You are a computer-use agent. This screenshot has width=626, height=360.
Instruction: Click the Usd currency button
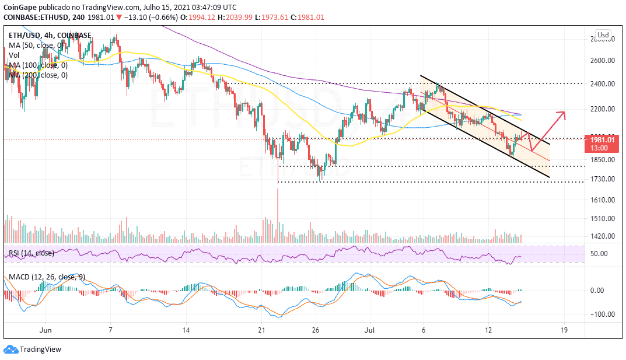click(603, 34)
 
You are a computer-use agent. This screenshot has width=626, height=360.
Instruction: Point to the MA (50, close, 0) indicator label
click(36, 45)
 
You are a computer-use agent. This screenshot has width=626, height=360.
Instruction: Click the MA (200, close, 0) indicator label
click(37, 75)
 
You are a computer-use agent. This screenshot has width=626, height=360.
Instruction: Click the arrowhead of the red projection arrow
click(563, 113)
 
